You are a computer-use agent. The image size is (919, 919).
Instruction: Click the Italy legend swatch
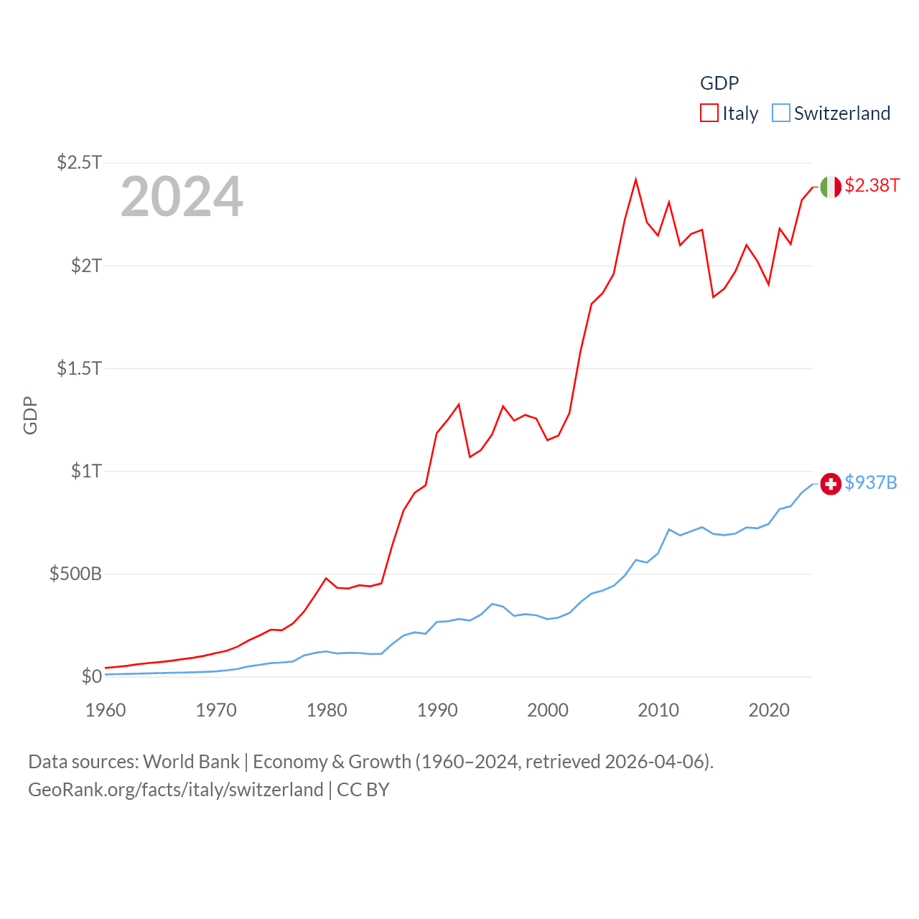point(709,113)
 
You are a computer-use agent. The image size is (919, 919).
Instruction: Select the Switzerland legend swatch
point(781,113)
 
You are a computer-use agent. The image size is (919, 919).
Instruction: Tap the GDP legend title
point(719,83)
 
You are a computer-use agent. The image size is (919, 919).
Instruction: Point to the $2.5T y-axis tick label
point(80,162)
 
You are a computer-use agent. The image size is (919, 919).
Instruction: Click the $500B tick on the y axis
point(75,574)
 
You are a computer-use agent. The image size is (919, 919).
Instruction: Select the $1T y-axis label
point(86,471)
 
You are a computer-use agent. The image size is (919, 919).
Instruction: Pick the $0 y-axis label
point(91,676)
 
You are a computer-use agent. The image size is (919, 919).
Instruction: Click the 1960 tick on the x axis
point(106,710)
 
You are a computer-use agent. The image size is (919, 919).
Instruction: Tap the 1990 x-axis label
point(437,710)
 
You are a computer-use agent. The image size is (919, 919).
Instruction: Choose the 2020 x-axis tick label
point(769,710)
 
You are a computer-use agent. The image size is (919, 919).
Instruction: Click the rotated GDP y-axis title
point(30,415)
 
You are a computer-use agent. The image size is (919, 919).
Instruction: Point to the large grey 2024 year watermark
point(182,197)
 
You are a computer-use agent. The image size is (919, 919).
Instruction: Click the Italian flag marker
point(831,187)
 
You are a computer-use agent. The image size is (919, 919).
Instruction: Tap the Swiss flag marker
point(831,484)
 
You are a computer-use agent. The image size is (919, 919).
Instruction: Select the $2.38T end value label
point(872,185)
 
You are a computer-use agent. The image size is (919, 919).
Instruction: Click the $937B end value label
point(871,482)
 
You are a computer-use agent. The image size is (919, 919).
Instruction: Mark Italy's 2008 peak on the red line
point(636,179)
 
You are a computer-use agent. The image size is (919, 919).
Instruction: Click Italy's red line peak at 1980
point(327,578)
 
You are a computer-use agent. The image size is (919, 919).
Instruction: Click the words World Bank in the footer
point(191,761)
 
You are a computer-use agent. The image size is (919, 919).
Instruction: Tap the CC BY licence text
point(363,790)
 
